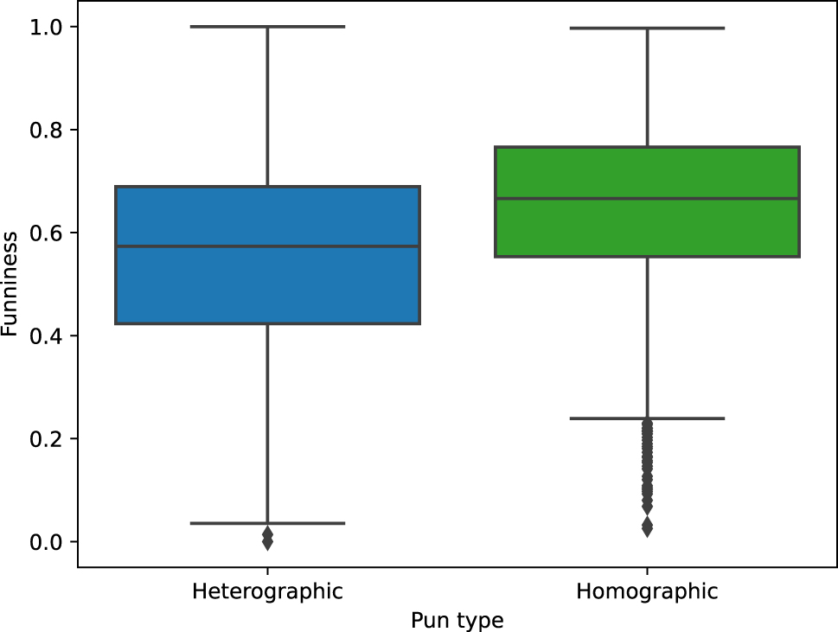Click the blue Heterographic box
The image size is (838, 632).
click(x=268, y=255)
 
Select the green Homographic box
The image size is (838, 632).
click(x=647, y=201)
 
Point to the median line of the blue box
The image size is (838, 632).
click(x=268, y=246)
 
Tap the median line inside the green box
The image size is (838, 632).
click(x=647, y=198)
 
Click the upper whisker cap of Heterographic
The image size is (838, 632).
click(x=268, y=26)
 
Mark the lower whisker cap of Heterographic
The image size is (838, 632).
click(x=268, y=523)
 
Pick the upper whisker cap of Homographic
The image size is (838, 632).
click(x=647, y=28)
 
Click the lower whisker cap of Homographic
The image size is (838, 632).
click(x=647, y=418)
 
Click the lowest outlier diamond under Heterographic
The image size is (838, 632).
click(x=268, y=542)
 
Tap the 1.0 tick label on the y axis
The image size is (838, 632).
click(x=47, y=27)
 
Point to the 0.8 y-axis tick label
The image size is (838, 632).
click(x=47, y=130)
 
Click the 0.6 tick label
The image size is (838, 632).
click(x=47, y=233)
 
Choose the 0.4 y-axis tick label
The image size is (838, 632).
click(x=47, y=336)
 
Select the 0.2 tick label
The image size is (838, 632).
click(x=47, y=439)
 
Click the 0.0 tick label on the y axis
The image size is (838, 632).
click(x=47, y=542)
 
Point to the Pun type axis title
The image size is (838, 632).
click(x=457, y=621)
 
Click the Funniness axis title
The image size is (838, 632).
click(x=10, y=284)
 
